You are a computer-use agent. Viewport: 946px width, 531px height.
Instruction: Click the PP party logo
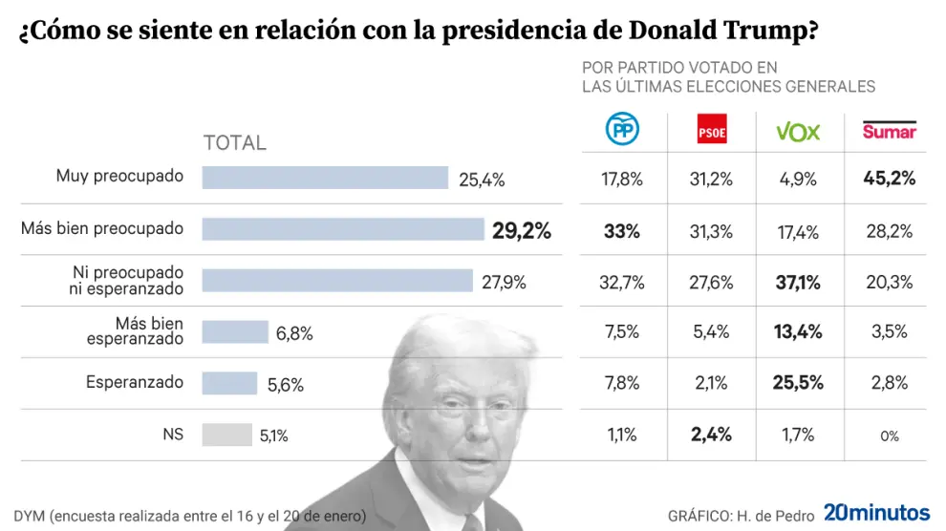[x=622, y=131]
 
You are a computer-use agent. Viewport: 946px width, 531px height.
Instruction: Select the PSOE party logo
[x=712, y=132]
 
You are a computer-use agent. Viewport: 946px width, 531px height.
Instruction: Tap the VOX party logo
[x=797, y=132]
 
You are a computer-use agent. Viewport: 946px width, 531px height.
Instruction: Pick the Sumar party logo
[x=889, y=131]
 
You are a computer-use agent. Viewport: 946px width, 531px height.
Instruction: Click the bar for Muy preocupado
[x=325, y=178]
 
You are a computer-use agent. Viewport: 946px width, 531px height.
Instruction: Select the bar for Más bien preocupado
[x=343, y=229]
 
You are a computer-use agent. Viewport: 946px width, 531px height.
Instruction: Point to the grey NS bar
[x=226, y=435]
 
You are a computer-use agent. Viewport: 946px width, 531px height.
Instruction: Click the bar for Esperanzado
[x=229, y=383]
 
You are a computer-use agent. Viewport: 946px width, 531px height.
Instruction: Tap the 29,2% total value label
[x=521, y=230]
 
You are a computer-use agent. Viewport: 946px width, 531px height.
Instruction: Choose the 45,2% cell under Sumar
[x=889, y=179]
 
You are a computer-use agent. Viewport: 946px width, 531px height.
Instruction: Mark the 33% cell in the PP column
[x=622, y=230]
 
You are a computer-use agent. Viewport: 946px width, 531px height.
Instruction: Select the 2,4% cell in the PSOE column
[x=711, y=435]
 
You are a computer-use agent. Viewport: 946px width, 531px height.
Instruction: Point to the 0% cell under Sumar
[x=889, y=436]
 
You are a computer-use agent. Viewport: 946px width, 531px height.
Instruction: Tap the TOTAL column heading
[x=235, y=143]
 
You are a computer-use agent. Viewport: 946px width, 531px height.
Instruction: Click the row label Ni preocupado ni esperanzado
[x=127, y=280]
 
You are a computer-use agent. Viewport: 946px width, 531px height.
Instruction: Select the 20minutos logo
[x=876, y=514]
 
